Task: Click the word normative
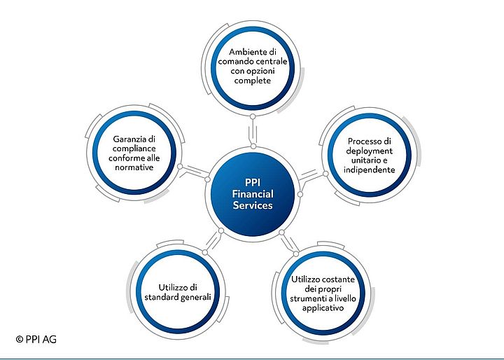click(x=134, y=167)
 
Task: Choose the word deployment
click(x=370, y=151)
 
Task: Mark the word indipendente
click(x=370, y=170)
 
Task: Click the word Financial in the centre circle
click(x=253, y=194)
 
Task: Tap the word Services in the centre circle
click(x=253, y=205)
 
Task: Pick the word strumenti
click(x=305, y=298)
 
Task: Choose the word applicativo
click(x=323, y=308)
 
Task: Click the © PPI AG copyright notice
click(x=36, y=339)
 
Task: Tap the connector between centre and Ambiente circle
click(x=253, y=131)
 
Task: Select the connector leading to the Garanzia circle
click(x=194, y=172)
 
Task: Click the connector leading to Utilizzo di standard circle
click(x=213, y=242)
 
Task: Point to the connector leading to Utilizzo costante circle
click(x=289, y=243)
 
